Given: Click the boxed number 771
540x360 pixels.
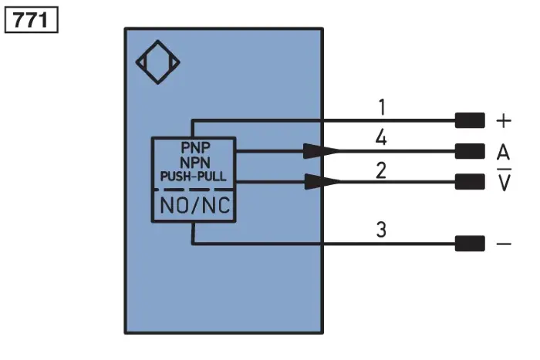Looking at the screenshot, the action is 31,20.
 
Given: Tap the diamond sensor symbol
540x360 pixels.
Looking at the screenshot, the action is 157,62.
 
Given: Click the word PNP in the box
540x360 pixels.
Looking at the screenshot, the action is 195,148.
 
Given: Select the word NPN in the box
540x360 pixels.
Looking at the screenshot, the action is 195,162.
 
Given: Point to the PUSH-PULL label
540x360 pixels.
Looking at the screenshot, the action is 194,177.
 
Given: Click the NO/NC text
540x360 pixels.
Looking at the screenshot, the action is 195,206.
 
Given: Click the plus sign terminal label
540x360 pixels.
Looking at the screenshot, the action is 504,121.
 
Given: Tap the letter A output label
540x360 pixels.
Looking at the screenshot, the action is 503,152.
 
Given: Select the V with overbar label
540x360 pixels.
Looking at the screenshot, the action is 504,180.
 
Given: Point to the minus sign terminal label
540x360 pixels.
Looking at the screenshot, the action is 504,244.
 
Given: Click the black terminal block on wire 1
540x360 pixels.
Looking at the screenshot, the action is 470,120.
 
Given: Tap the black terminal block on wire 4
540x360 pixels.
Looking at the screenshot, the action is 470,151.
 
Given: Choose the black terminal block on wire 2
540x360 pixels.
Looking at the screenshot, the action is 470,182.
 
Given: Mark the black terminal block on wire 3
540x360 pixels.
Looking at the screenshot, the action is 470,244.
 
